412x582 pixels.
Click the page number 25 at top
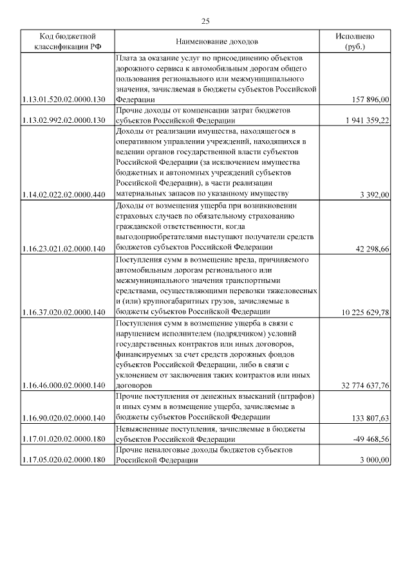(205, 21)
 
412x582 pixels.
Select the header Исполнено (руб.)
(354, 42)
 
